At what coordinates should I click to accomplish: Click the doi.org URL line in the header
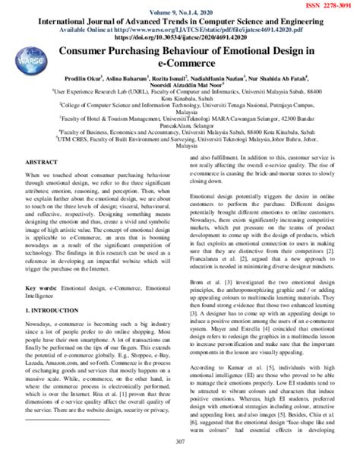(x=180, y=34)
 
